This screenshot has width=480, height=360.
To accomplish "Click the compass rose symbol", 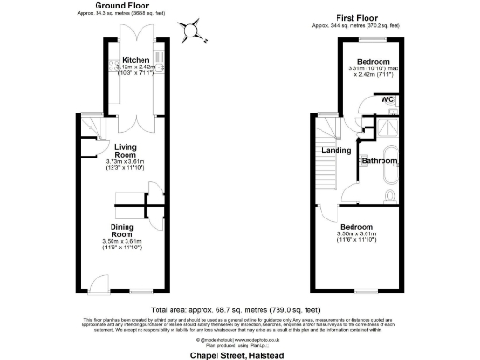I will [x=194, y=30].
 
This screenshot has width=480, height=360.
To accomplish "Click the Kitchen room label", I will [x=136, y=62].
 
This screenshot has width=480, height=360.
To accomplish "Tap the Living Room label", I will [x=126, y=151].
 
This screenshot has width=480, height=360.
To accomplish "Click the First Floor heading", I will [x=355, y=15].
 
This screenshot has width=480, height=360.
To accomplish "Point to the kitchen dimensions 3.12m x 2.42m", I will [x=136, y=69].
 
